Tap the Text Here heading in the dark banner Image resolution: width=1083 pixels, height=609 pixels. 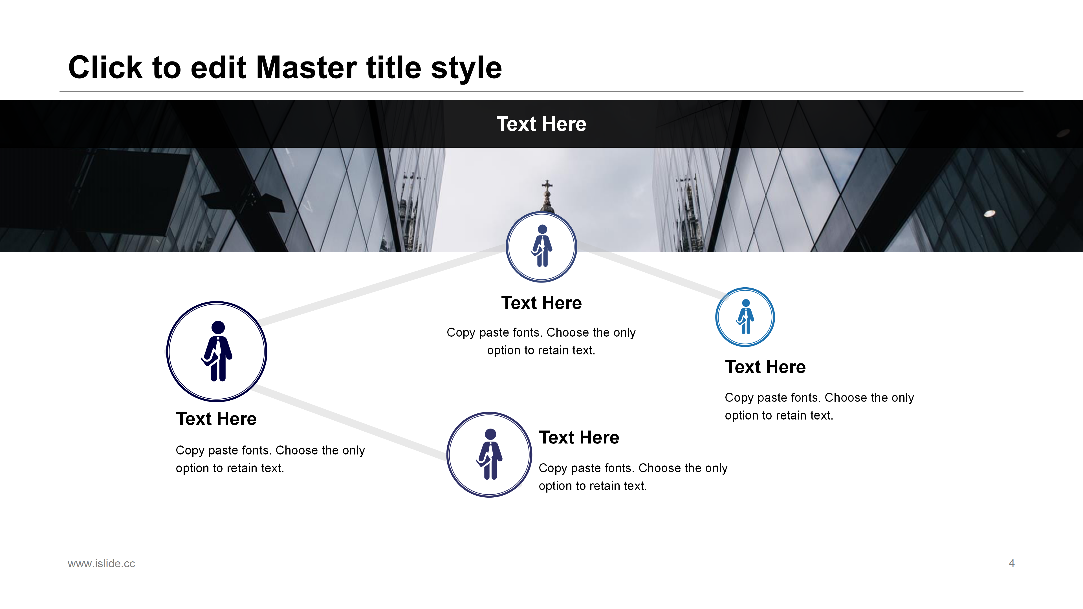pyautogui.click(x=541, y=124)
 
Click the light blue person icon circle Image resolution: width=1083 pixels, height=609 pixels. pyautogui.click(x=716, y=317)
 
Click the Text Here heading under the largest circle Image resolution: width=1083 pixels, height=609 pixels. pyautogui.click(x=216, y=419)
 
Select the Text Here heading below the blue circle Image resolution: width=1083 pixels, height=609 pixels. pyautogui.click(x=765, y=367)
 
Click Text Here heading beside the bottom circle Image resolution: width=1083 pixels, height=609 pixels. pyautogui.click(x=579, y=438)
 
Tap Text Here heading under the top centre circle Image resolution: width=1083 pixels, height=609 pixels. pyautogui.click(x=541, y=303)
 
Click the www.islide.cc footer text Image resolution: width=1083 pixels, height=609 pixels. pyautogui.click(x=101, y=564)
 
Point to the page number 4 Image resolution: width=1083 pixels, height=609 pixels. pyautogui.click(x=1012, y=563)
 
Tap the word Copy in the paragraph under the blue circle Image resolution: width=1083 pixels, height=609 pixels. pyautogui.click(x=739, y=398)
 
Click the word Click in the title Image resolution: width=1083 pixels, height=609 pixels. pyautogui.click(x=105, y=67)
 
